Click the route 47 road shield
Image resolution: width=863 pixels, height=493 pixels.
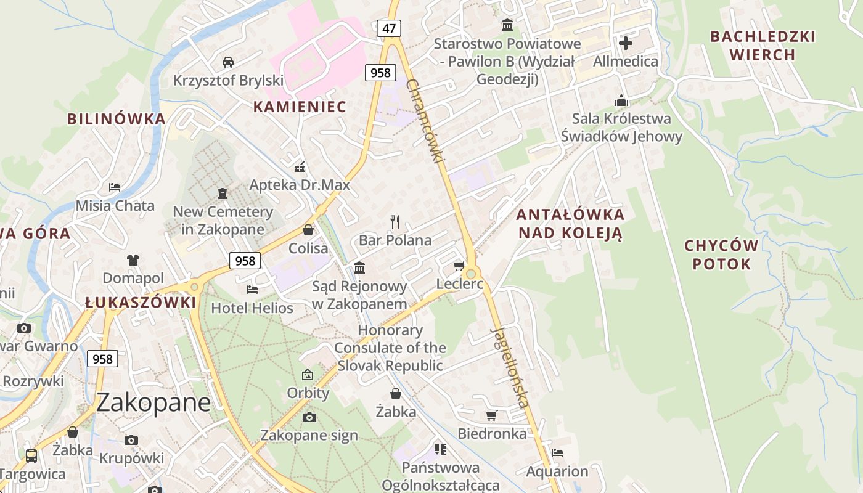pyautogui.click(x=388, y=28)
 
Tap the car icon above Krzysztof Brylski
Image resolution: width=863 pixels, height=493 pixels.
pyautogui.click(x=228, y=62)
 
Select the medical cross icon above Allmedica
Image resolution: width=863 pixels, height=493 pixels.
pyautogui.click(x=626, y=43)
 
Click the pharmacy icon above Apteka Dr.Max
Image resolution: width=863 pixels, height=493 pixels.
pyautogui.click(x=300, y=166)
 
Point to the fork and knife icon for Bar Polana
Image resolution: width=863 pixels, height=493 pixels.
pyautogui.click(x=395, y=221)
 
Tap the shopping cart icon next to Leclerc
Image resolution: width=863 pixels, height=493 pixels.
pyautogui.click(x=459, y=266)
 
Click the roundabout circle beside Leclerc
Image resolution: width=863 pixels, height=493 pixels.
pyautogui.click(x=472, y=274)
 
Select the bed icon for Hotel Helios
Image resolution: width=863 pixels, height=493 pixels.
pyautogui.click(x=252, y=289)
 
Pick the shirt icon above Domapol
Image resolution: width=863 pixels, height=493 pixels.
pyautogui.click(x=133, y=259)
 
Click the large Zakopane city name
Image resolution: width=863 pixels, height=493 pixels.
pyautogui.click(x=153, y=402)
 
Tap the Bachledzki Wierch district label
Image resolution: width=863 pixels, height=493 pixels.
pyautogui.click(x=763, y=46)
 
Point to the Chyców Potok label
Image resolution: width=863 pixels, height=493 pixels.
pyautogui.click(x=721, y=255)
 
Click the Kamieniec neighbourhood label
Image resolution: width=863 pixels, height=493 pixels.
pyautogui.click(x=300, y=107)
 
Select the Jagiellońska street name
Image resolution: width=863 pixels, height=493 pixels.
pyautogui.click(x=510, y=366)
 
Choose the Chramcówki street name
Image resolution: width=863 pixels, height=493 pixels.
pyautogui.click(x=426, y=121)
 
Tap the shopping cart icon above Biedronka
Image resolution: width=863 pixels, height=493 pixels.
pyautogui.click(x=491, y=415)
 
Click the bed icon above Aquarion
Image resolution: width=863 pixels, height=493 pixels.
pyautogui.click(x=557, y=453)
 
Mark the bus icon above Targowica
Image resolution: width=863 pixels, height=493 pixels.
pyautogui.click(x=31, y=456)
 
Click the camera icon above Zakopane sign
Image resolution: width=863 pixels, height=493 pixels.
pyautogui.click(x=309, y=417)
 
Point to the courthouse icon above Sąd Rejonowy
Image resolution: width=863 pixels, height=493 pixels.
pyautogui.click(x=359, y=267)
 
